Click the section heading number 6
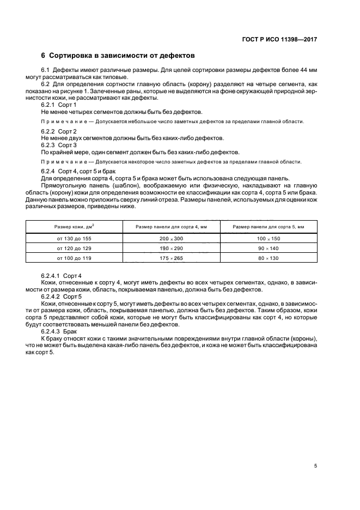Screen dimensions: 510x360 [44, 56]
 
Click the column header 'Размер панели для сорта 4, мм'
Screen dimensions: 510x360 [172, 226]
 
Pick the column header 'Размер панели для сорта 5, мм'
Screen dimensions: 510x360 [268, 226]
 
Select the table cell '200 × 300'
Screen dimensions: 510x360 [172, 239]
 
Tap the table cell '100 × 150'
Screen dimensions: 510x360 [268, 239]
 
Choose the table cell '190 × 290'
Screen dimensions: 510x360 [172, 248]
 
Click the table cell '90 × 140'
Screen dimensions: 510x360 [268, 248]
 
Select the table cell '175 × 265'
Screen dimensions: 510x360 [172, 257]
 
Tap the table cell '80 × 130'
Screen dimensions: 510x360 [268, 257]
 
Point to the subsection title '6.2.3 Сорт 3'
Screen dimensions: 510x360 [59, 145]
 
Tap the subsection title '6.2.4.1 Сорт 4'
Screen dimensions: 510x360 [62, 277]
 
